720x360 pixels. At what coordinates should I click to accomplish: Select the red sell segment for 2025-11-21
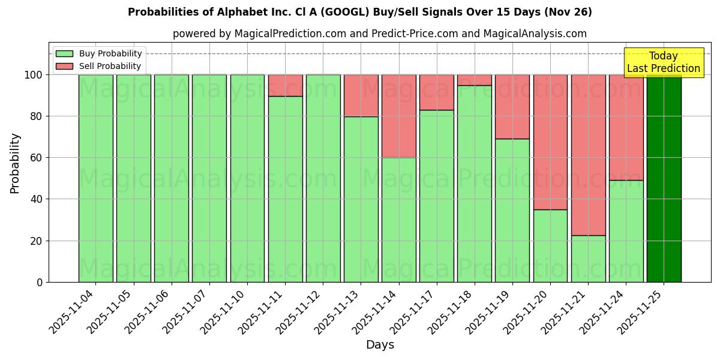pos(588,155)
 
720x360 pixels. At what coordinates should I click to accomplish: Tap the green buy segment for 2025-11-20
pos(550,245)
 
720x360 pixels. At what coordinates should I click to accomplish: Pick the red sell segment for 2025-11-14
pos(398,116)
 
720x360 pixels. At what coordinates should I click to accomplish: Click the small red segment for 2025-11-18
pos(474,80)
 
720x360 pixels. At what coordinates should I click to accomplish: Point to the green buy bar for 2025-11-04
pos(95,178)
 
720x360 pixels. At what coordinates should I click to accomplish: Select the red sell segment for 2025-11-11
pos(285,85)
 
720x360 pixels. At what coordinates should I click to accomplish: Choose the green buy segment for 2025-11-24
pos(626,231)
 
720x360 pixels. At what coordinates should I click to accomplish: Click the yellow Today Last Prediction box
pos(663,62)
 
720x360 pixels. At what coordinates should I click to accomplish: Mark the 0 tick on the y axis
pos(40,282)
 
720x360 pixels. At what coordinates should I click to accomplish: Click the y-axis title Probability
pos(15,163)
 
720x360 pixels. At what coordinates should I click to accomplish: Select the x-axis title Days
pos(380,345)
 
